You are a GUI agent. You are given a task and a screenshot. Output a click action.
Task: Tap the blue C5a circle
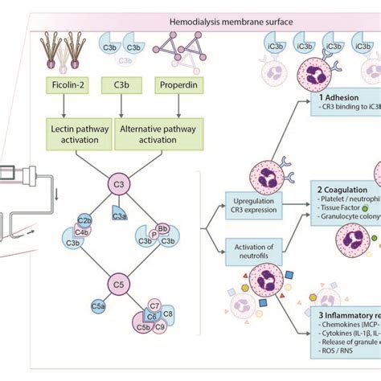coord(98,305)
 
